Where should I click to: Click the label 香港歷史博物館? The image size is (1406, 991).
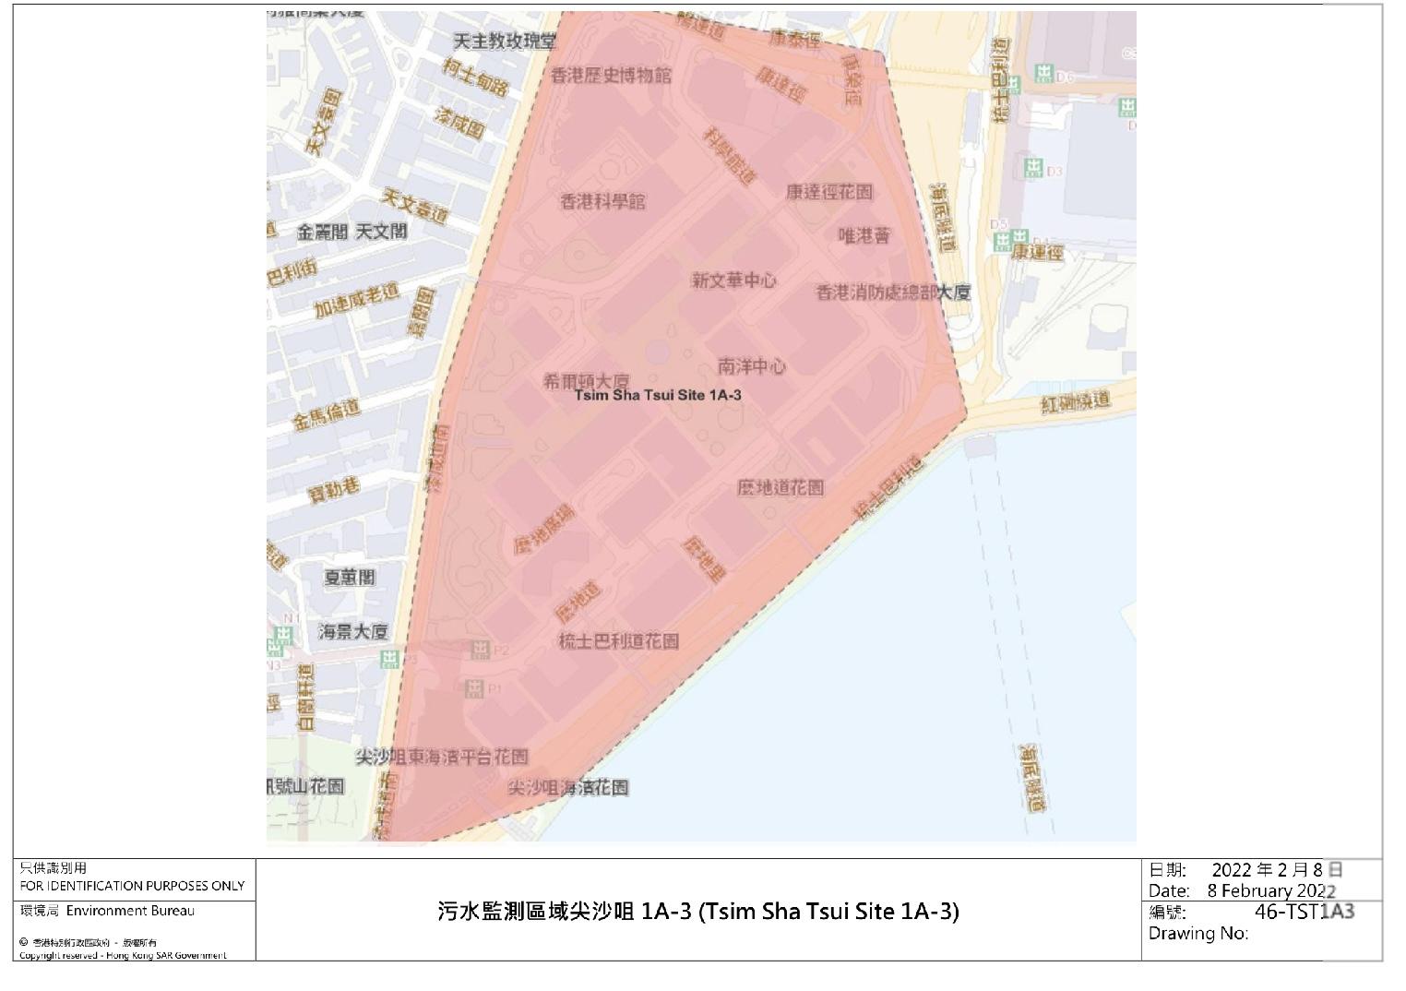point(611,76)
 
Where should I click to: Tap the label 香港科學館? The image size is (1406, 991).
point(603,201)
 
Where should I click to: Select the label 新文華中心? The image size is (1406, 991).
point(734,281)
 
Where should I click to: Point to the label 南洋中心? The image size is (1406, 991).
point(752,366)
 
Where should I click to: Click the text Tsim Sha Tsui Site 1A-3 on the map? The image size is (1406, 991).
point(658,395)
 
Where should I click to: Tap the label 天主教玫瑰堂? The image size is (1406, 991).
point(506,42)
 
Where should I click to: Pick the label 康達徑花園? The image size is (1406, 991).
point(829,192)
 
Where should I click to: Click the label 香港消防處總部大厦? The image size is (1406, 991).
point(893,293)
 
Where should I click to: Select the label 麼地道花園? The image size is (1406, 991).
point(780,487)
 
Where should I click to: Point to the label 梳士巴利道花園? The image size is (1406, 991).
point(619,640)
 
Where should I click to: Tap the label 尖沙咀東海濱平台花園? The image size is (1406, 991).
point(442,757)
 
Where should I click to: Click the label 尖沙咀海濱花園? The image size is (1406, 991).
point(568,787)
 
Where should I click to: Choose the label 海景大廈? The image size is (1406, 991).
point(353,632)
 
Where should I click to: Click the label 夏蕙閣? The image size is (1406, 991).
point(350,578)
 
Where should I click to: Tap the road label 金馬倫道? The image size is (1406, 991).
point(328,415)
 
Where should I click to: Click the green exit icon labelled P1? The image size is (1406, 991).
point(475,688)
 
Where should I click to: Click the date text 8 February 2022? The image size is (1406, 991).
point(1272,891)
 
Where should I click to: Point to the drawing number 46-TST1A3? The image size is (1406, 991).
point(1305,912)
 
